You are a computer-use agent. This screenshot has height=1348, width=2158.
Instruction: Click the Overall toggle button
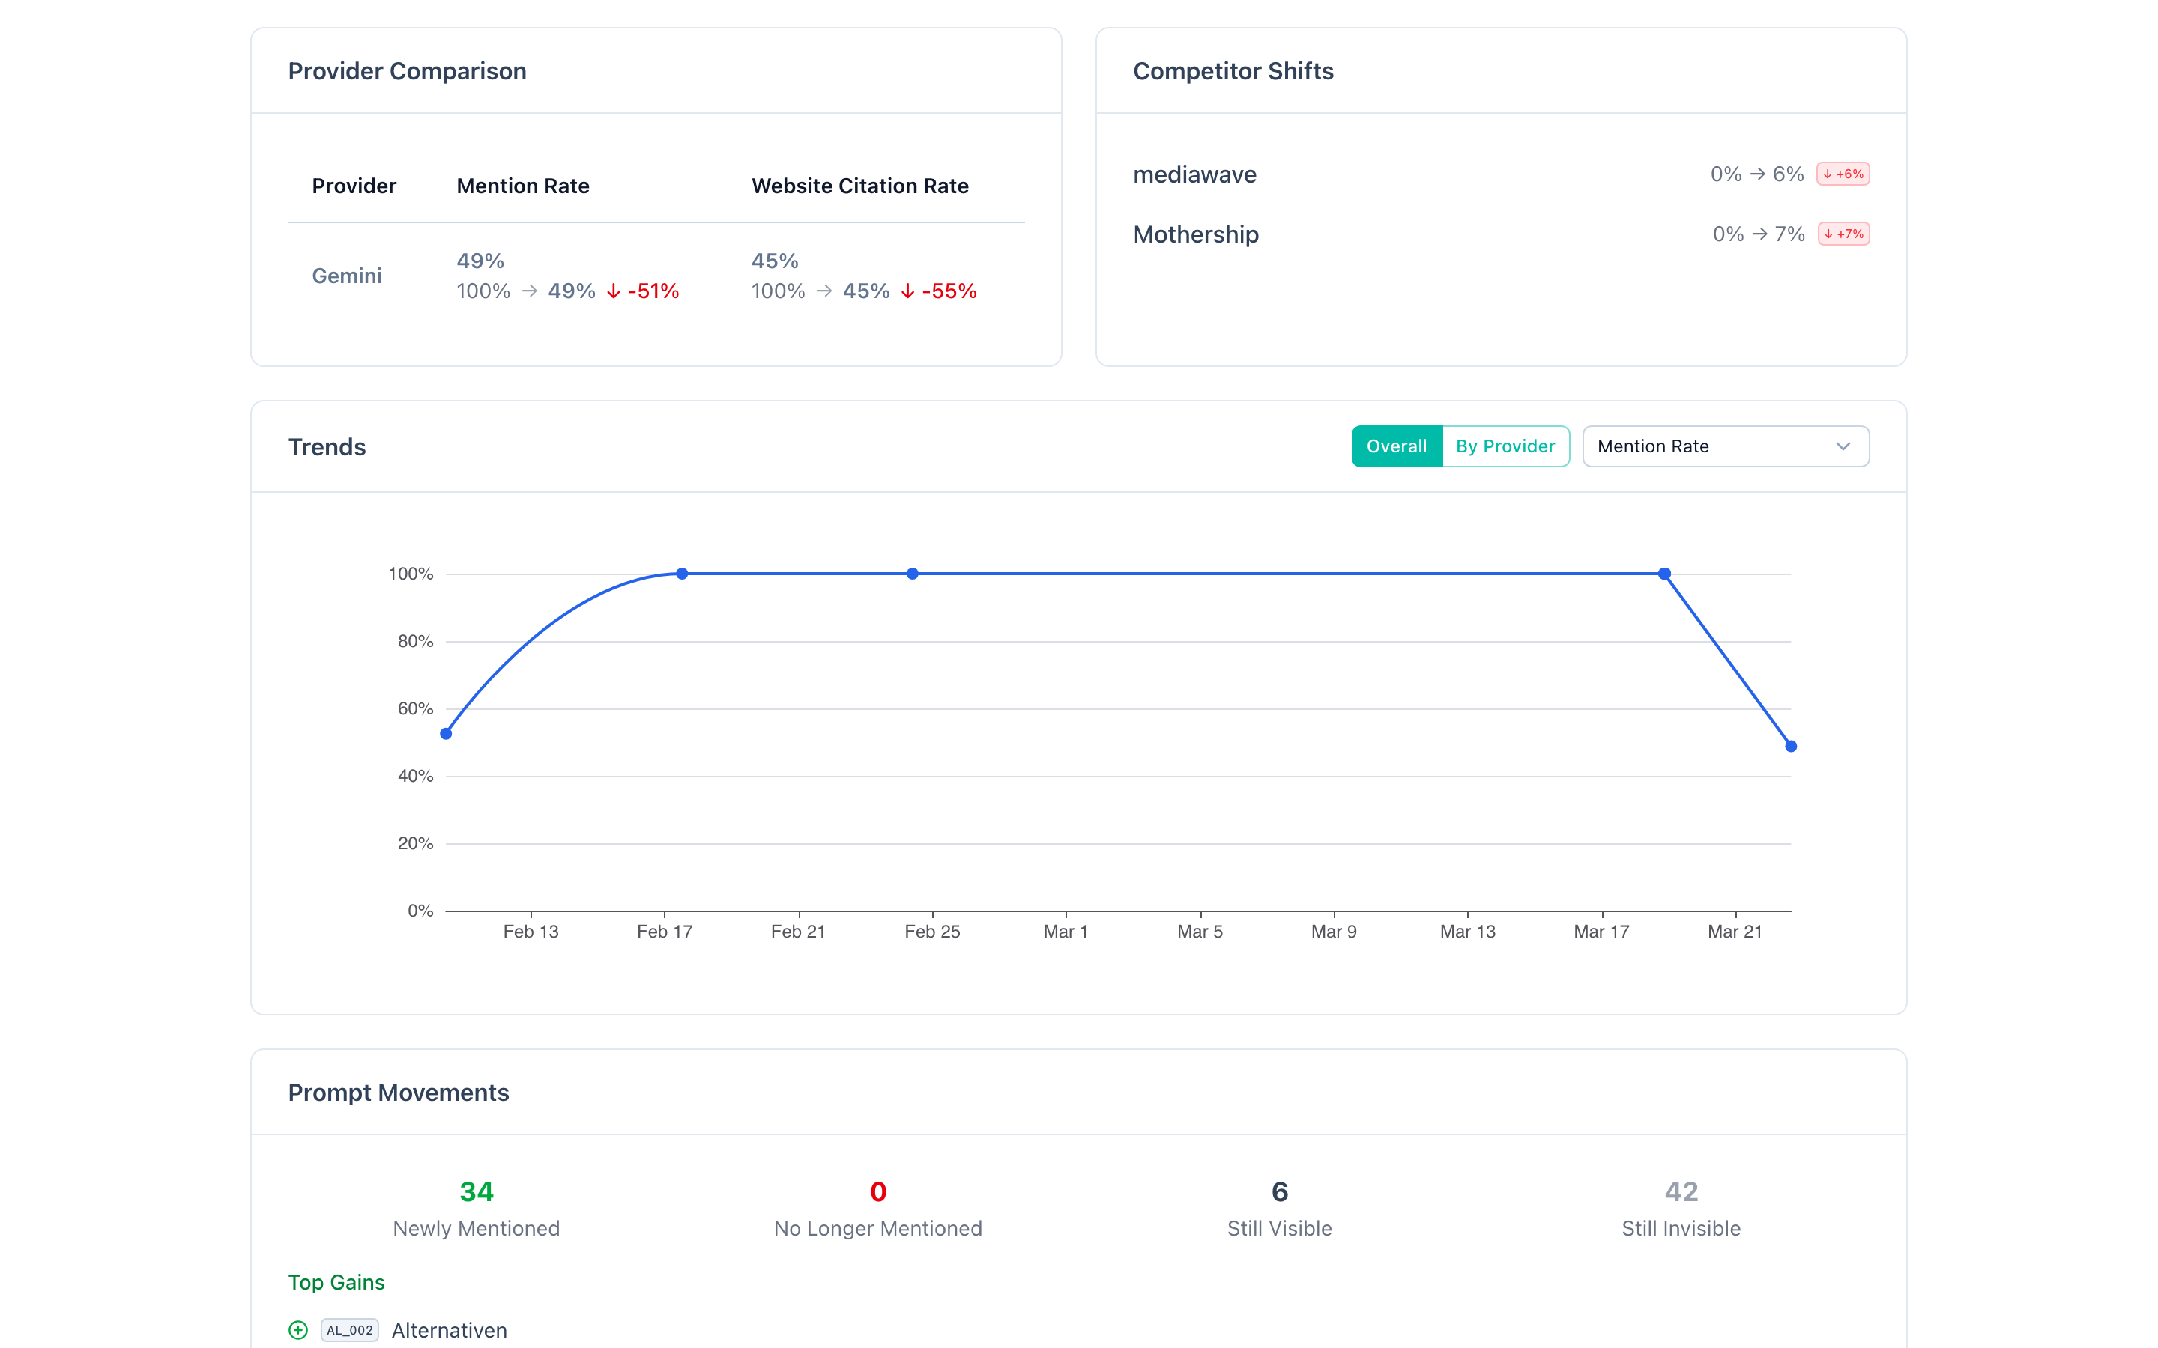[x=1397, y=446]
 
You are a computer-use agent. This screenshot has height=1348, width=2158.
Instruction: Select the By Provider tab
[x=1505, y=446]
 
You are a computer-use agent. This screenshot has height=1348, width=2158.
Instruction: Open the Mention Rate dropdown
[x=1725, y=446]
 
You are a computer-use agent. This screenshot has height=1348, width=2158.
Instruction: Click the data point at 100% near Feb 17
[x=681, y=573]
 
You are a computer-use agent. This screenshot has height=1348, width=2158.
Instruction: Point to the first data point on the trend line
[x=446, y=734]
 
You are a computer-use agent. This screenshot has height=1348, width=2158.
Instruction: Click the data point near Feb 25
[x=912, y=573]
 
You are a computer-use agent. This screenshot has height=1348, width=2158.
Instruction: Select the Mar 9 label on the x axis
[x=1333, y=932]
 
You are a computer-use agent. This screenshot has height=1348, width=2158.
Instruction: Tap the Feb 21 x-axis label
[x=798, y=932]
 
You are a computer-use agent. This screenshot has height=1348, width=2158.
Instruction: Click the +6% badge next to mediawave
[x=1843, y=174]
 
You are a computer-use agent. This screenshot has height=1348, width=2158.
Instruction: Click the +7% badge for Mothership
[x=1843, y=234]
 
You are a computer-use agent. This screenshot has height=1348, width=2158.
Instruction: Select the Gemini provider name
[x=347, y=276]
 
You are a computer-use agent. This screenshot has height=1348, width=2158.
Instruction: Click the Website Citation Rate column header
[x=859, y=186]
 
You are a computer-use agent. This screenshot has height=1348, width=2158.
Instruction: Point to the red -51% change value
[x=653, y=291]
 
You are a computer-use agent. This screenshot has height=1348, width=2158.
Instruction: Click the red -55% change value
[x=949, y=291]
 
